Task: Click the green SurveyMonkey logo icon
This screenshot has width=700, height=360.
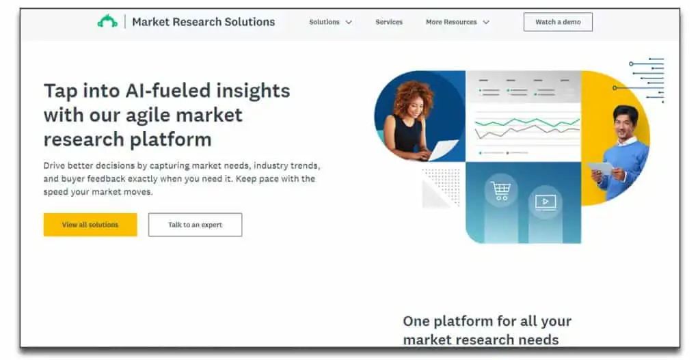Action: (107, 21)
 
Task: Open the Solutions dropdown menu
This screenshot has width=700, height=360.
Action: (330, 22)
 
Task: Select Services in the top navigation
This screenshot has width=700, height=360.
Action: (389, 22)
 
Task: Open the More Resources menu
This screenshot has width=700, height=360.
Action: (457, 22)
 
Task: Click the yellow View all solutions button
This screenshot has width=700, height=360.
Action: (90, 224)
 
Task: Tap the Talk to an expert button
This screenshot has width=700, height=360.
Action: (195, 224)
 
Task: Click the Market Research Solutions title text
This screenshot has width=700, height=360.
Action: (204, 22)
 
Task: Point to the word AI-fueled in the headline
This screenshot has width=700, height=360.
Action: (168, 91)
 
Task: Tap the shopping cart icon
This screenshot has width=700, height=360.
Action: (500, 191)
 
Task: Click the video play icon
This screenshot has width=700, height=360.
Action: (545, 202)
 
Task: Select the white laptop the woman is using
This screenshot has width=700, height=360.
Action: (442, 150)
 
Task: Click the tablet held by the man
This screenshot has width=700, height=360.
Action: (600, 168)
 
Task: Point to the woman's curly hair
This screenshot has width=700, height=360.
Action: (412, 96)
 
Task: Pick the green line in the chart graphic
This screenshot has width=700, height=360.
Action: (527, 122)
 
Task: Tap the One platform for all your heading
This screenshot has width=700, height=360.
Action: (487, 321)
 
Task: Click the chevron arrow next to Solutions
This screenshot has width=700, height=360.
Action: (349, 22)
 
